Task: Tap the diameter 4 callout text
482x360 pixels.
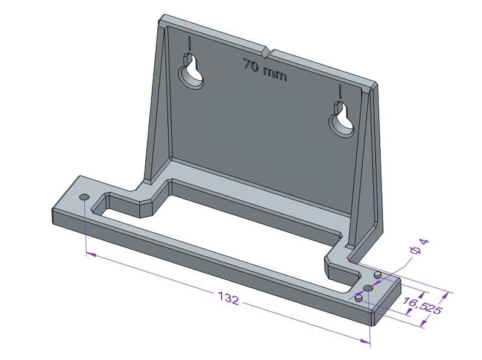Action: coord(418,249)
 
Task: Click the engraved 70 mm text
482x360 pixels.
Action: coord(265,70)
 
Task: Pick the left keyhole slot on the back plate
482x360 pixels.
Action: coord(192,73)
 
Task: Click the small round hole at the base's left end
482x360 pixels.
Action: coord(84,197)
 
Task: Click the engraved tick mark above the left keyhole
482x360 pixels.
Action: coord(189,43)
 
